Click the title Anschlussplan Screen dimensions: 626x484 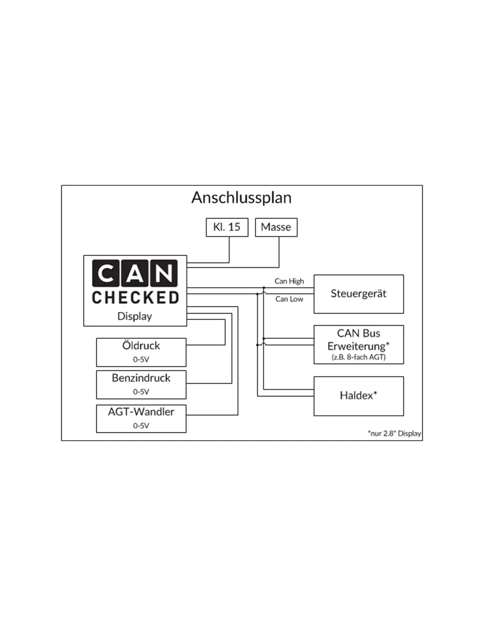241,197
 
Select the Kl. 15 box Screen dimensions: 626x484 227,227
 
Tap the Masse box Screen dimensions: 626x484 276,227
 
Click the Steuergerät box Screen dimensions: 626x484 358,294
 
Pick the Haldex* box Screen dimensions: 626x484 358,395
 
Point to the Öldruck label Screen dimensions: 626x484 141,346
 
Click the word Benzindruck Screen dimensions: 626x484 141,378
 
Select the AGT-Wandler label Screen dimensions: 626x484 141,412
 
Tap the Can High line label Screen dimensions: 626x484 289,281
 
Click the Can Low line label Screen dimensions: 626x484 289,299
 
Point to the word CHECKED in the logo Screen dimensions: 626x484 135,298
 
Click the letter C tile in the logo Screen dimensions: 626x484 106,273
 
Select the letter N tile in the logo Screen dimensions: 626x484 164,273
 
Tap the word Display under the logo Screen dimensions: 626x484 135,316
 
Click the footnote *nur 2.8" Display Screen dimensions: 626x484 394,433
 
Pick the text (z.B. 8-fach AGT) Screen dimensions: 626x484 358,357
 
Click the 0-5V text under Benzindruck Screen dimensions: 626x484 141,391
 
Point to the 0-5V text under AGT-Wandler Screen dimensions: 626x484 141,425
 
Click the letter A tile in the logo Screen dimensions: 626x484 135,273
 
